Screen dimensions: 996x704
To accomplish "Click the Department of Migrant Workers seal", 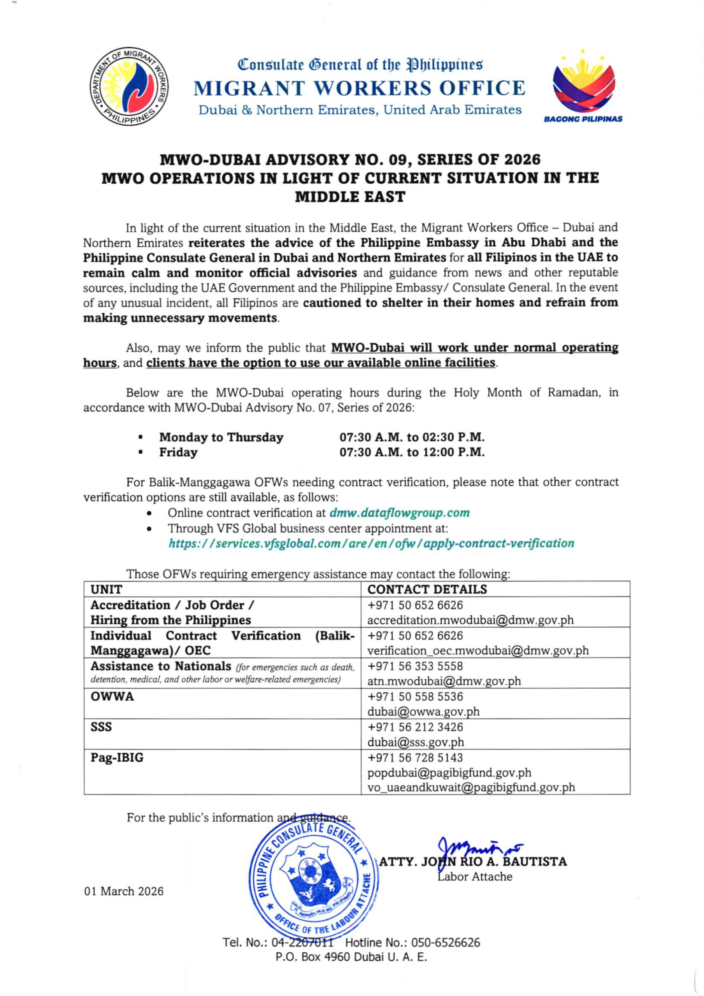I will coord(128,86).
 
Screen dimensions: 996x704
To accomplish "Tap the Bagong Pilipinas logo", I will coord(583,87).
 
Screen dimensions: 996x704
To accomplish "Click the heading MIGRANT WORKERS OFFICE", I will coord(359,88).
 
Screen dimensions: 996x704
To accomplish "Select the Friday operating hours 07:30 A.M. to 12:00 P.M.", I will coord(411,452).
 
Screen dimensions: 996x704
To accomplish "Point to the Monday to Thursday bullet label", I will coord(221,437).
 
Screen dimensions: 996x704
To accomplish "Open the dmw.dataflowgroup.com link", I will coord(399,513).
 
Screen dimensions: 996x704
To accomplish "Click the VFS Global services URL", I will coord(371,543).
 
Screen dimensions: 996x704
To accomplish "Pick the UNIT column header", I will coord(106,589).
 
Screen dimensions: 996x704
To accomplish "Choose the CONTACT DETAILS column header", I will coord(427,589).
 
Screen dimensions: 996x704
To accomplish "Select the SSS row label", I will coord(101,727).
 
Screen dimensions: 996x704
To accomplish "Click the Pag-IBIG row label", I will coord(117,758).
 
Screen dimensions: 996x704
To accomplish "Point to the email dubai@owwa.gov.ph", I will coord(423,712).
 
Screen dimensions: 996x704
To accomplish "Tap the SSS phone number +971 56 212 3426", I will coord(415,727).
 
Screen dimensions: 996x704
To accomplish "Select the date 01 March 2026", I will coord(124,891).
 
